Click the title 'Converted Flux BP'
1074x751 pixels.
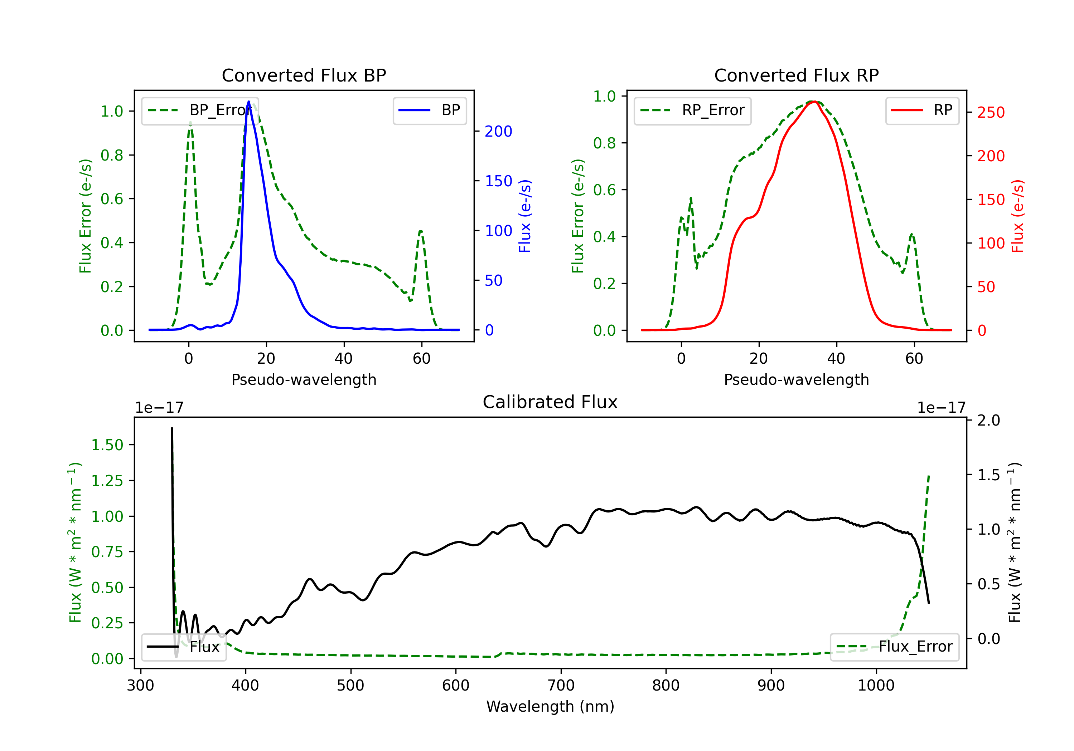point(304,75)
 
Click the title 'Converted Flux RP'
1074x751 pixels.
point(797,75)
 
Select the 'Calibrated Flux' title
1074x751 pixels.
point(550,402)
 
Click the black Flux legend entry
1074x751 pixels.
point(183,647)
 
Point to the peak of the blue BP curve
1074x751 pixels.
point(248,102)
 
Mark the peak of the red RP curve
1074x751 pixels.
point(814,102)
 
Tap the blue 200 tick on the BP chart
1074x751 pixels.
point(499,131)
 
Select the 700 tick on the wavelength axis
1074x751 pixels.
point(561,685)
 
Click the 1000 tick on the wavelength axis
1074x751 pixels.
point(876,685)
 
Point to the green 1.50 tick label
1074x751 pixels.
point(107,445)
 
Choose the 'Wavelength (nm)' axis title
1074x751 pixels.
point(551,706)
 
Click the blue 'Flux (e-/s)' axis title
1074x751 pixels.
point(525,216)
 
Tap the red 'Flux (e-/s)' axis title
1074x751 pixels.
point(1018,216)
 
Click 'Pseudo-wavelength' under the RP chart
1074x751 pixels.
point(797,379)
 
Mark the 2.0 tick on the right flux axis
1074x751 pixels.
point(989,420)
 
